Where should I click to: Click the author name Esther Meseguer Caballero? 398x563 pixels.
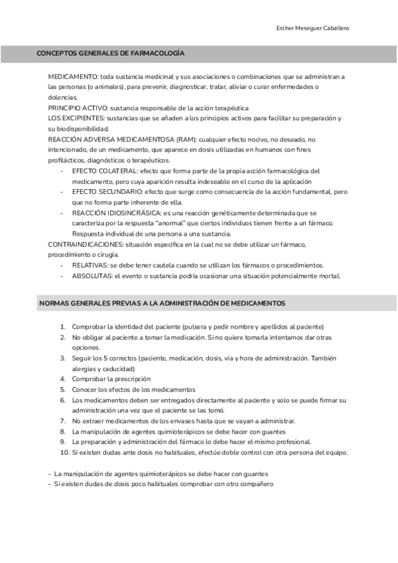[x=312, y=28]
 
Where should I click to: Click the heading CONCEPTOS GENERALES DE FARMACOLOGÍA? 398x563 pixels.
[x=110, y=53]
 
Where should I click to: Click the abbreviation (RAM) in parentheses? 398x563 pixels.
[x=186, y=139]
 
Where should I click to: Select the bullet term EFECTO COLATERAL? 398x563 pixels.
[x=101, y=171]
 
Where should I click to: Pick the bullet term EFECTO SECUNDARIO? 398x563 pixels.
[x=103, y=191]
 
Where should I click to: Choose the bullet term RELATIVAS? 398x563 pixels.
[x=90, y=266]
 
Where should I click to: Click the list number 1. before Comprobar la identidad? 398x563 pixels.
[x=63, y=327]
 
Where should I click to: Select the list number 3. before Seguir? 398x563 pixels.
[x=63, y=359]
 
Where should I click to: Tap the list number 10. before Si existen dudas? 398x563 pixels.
[x=64, y=452]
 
